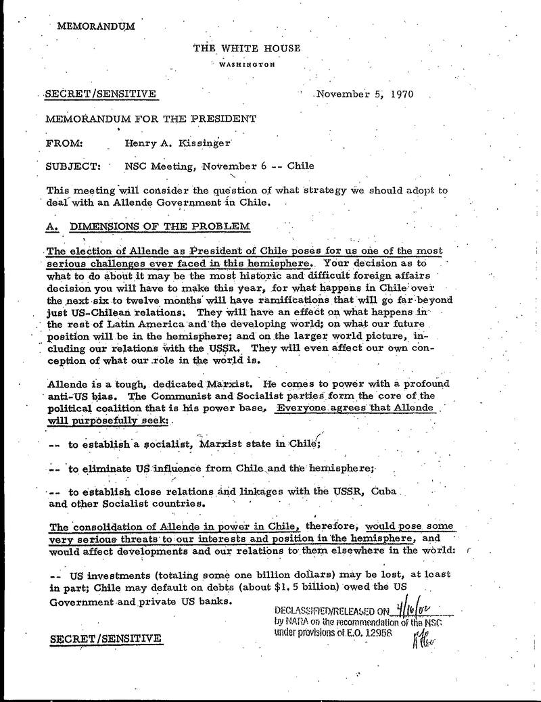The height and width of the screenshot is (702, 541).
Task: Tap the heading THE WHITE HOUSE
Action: (246, 48)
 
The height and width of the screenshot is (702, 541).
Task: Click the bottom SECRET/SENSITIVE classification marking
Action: (105, 638)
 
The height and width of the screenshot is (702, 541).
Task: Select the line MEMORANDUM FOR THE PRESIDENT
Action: (150, 119)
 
